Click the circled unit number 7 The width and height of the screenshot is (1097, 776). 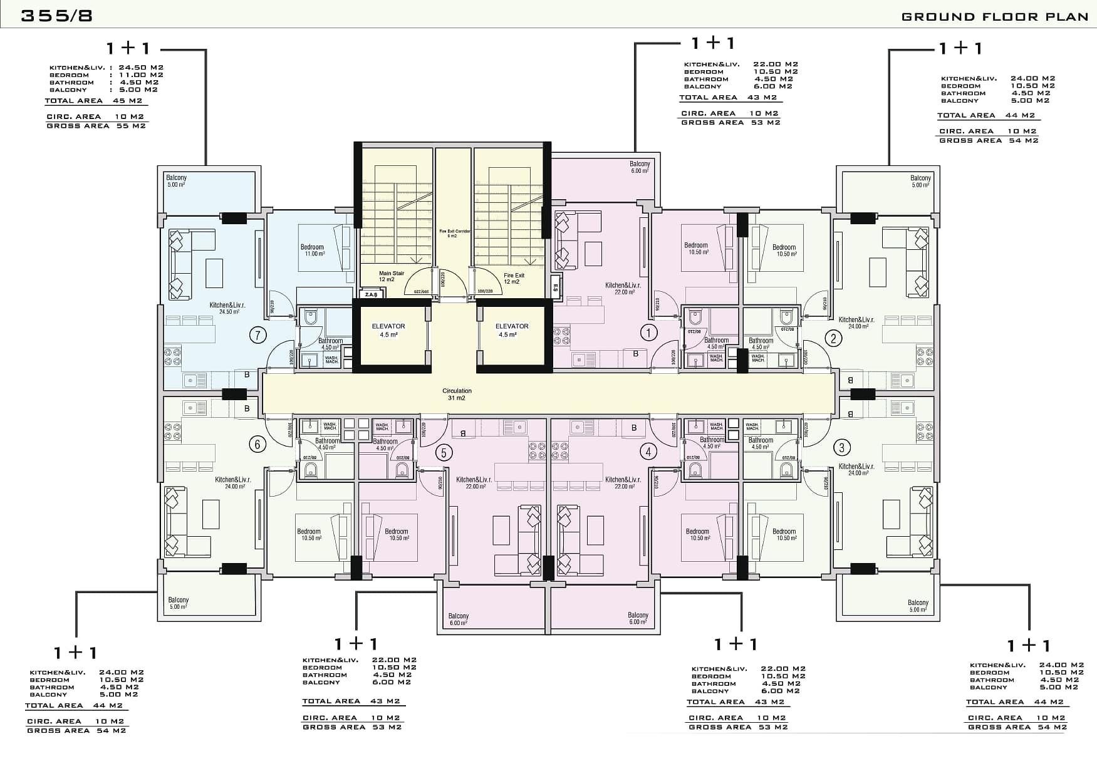pos(257,336)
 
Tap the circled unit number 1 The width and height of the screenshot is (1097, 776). pos(648,332)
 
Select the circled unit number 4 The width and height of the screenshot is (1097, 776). pos(648,451)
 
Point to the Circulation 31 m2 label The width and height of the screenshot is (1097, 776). pos(457,394)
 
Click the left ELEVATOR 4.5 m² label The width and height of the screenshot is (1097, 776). pos(388,330)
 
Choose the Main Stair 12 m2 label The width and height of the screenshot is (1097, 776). pos(391,276)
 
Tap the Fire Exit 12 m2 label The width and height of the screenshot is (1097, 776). pos(513,278)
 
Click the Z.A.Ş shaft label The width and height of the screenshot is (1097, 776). pos(370,294)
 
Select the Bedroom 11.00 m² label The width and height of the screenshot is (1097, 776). pos(312,250)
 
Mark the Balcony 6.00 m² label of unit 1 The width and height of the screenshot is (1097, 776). pos(640,167)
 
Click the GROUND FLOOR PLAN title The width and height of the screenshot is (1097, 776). pos(994,17)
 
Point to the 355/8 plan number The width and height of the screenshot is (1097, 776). pos(57,16)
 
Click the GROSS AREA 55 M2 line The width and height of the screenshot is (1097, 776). pos(96,126)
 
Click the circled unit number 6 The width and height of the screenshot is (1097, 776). pos(257,445)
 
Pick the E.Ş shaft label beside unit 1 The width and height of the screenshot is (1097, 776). pos(555,288)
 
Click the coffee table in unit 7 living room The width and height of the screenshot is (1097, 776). pos(214,273)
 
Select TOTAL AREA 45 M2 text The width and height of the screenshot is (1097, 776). pos(94,101)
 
